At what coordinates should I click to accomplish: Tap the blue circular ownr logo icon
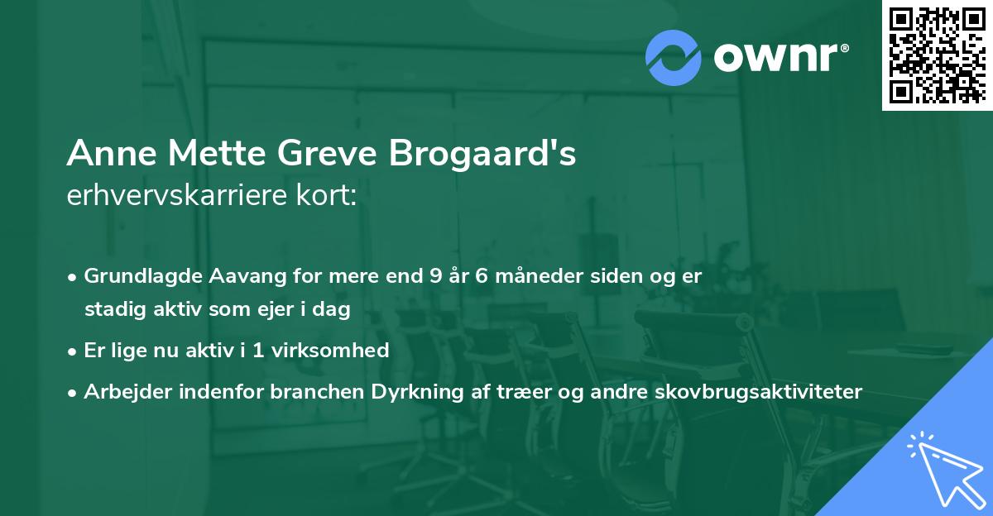click(x=674, y=58)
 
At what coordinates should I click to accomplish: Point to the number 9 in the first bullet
click(x=436, y=277)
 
